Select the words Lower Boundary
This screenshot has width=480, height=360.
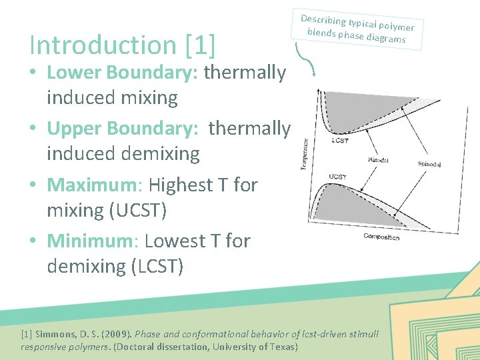122,72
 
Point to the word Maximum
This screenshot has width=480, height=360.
95,184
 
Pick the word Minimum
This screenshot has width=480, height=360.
93,240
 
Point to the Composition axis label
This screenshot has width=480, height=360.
381,237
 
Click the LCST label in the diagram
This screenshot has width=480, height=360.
339,141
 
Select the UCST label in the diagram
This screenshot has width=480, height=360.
337,177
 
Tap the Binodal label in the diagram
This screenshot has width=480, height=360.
378,160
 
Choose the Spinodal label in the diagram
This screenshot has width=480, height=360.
429,164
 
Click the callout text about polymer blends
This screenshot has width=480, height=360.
357,30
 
